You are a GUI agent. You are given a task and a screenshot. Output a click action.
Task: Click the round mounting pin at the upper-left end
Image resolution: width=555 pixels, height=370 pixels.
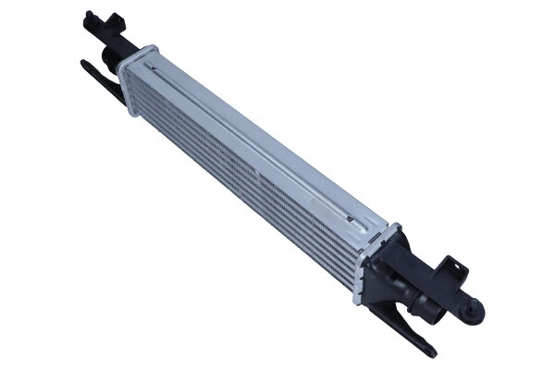[89, 17]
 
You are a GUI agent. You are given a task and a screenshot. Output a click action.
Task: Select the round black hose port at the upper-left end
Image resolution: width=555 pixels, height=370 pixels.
[109, 60]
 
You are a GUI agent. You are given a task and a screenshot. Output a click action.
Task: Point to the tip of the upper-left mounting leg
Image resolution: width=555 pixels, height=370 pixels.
[84, 64]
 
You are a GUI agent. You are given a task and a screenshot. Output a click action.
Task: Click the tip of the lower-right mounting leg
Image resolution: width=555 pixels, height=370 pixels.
[431, 352]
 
